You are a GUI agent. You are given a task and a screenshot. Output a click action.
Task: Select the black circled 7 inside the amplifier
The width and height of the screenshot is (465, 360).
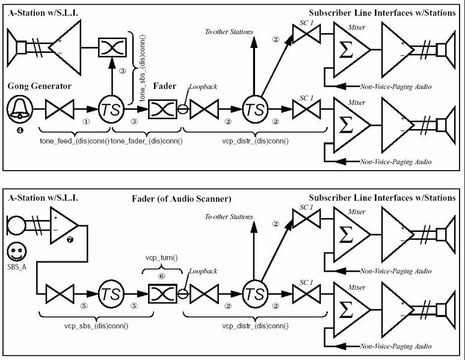[70, 240]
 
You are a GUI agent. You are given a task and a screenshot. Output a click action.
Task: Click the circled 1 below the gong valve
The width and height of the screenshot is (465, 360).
[86, 120]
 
